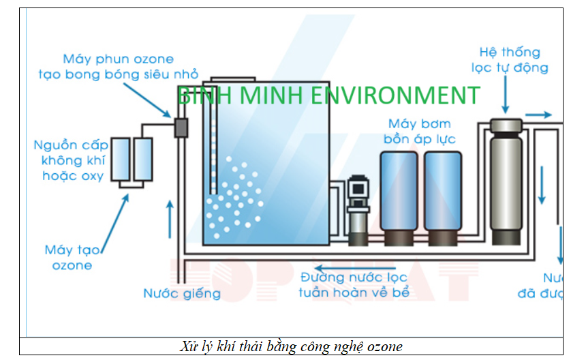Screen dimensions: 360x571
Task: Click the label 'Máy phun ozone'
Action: click(x=118, y=59)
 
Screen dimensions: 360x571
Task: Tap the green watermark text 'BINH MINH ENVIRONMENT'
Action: click(x=328, y=95)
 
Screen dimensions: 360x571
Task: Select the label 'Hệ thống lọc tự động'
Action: click(x=509, y=59)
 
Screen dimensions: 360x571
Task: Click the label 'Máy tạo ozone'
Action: click(x=72, y=257)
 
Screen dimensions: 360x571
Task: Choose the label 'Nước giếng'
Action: click(x=182, y=294)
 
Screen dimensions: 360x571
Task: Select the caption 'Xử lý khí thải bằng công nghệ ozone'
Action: click(x=293, y=347)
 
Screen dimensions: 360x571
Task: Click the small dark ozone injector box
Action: click(x=181, y=127)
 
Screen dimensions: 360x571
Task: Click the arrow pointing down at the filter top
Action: click(x=505, y=96)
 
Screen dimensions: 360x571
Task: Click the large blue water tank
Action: click(x=266, y=164)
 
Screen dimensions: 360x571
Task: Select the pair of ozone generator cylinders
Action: click(x=132, y=160)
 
